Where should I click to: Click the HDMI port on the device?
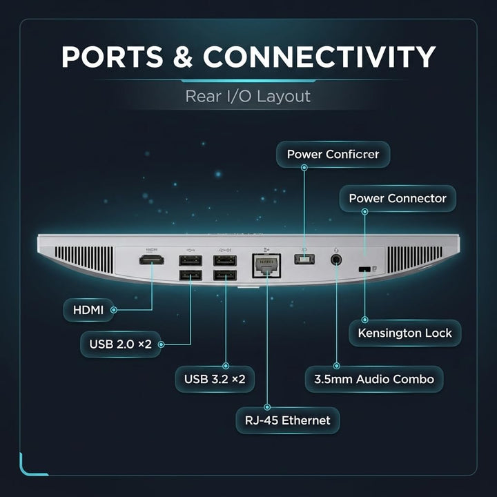tap(151, 260)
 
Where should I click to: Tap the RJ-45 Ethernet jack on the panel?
tap(266, 266)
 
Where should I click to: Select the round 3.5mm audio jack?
tap(336, 260)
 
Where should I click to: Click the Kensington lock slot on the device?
tap(364, 269)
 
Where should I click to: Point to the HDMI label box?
tap(88, 310)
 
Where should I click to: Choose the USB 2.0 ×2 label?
tap(121, 344)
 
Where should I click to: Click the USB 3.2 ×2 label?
tap(215, 379)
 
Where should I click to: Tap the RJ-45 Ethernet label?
tap(287, 420)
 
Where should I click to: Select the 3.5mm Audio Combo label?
tap(374, 379)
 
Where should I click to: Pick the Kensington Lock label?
tap(405, 333)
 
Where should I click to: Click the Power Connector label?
tap(398, 198)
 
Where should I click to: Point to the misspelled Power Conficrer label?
tap(333, 155)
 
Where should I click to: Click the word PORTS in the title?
tap(113, 57)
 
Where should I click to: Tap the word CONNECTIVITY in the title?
tap(319, 57)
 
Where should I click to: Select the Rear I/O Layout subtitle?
tap(248, 97)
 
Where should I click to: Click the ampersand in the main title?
tap(183, 57)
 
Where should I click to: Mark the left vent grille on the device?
tap(84, 259)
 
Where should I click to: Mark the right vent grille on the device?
tap(415, 260)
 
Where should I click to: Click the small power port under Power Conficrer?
tap(304, 260)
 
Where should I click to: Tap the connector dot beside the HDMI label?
tap(113, 310)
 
